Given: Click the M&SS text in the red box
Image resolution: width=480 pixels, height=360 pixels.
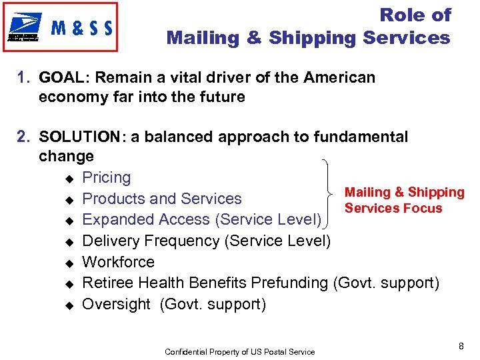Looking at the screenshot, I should click(x=82, y=28).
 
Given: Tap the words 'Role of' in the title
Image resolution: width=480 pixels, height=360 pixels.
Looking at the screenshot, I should click(x=415, y=15).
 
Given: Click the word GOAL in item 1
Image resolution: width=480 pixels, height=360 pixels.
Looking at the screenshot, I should click(x=58, y=77).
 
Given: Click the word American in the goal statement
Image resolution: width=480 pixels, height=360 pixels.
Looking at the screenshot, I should click(x=339, y=77).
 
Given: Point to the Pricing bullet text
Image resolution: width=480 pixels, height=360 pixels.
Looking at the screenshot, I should click(x=106, y=177).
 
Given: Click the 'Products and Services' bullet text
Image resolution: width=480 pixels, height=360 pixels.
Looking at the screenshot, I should click(x=161, y=199).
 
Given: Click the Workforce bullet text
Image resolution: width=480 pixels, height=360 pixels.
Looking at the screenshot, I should click(x=118, y=262).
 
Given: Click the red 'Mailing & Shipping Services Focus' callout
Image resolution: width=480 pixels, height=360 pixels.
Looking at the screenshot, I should click(x=404, y=200).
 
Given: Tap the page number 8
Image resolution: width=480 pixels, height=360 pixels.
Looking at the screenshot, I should click(x=461, y=345).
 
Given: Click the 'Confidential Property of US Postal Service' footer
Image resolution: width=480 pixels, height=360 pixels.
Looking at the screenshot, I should click(x=239, y=351).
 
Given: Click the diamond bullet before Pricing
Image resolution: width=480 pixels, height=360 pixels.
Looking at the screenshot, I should click(x=68, y=178).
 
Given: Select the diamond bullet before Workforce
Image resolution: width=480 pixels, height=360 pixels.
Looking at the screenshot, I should click(x=68, y=263).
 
